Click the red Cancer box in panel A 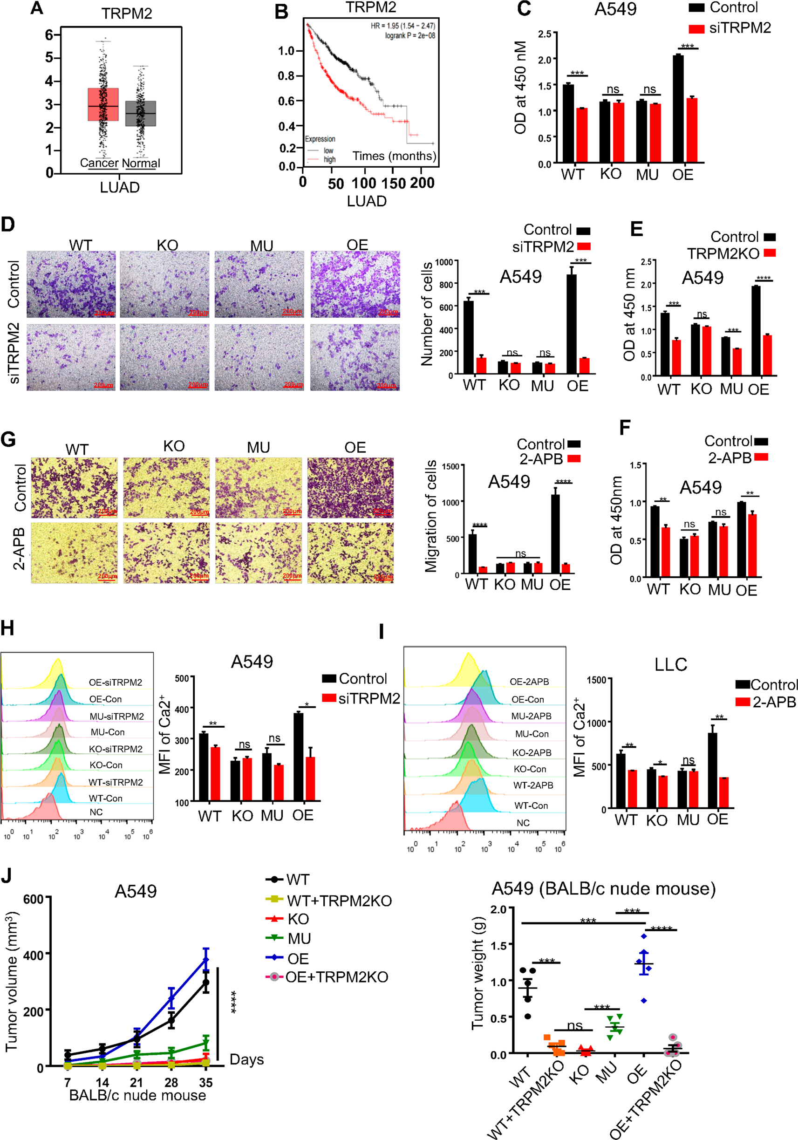click(x=103, y=104)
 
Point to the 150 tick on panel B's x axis click(x=393, y=184)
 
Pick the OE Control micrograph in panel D click(x=355, y=284)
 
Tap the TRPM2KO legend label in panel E click(x=723, y=254)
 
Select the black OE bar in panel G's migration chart click(x=555, y=533)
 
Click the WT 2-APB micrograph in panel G click(x=75, y=552)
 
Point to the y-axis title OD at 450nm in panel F click(x=616, y=520)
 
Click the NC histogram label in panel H click(x=96, y=812)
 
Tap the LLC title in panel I click(x=670, y=664)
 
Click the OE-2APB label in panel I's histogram click(x=529, y=682)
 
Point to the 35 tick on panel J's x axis click(x=205, y=1083)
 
